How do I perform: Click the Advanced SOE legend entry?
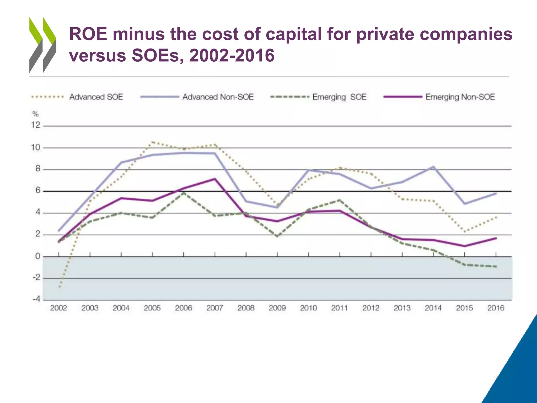[x=96, y=97]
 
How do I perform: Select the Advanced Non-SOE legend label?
[x=218, y=97]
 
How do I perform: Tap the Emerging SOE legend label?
[x=339, y=97]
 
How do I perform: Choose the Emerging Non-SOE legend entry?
[x=460, y=97]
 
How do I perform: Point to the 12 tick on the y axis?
[x=36, y=125]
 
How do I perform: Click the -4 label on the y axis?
[x=36, y=299]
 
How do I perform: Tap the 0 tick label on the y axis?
[x=38, y=256]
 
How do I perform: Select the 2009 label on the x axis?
[x=277, y=308]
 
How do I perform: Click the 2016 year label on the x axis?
[x=496, y=308]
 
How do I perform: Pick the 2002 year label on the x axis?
[x=58, y=308]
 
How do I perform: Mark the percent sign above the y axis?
[x=35, y=114]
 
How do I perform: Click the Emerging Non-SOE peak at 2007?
[x=215, y=179]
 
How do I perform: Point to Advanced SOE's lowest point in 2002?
[x=60, y=287]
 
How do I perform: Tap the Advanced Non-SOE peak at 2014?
[x=433, y=167]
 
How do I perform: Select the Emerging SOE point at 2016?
[x=496, y=267]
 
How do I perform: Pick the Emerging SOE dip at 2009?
[x=277, y=236]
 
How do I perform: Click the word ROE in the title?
[x=88, y=34]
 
